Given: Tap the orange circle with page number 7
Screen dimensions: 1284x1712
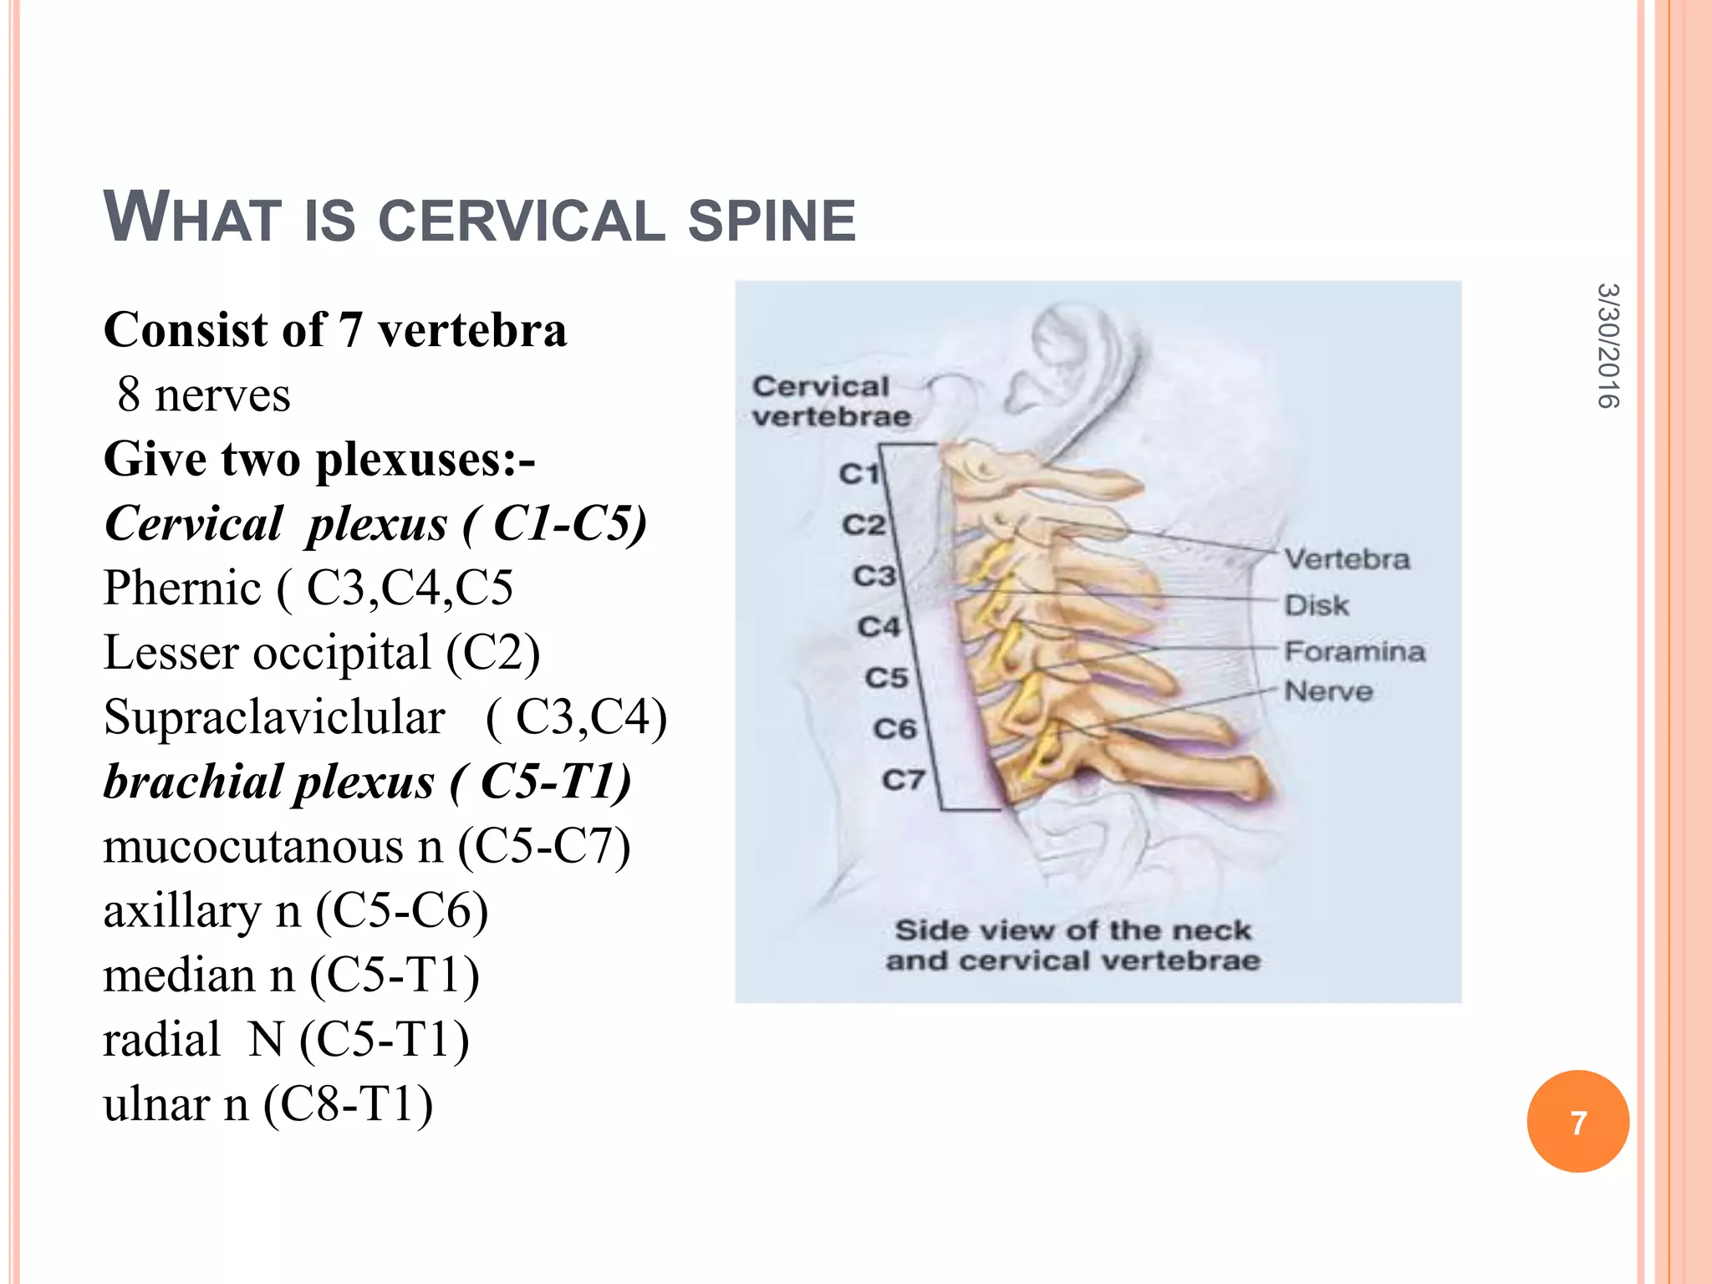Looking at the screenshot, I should pyautogui.click(x=1577, y=1122).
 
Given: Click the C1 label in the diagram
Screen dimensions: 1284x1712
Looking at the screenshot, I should pyautogui.click(x=859, y=474).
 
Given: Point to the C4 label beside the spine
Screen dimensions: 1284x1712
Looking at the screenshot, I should pyautogui.click(x=879, y=627).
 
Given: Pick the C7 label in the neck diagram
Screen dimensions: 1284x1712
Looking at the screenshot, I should pyautogui.click(x=903, y=780).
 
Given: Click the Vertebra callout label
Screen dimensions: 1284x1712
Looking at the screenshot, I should pyautogui.click(x=1347, y=558).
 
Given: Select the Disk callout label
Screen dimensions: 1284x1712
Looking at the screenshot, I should pyautogui.click(x=1317, y=604).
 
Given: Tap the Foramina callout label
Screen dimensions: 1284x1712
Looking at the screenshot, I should pyautogui.click(x=1354, y=650).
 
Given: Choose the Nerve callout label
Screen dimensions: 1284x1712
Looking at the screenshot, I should pyautogui.click(x=1328, y=690).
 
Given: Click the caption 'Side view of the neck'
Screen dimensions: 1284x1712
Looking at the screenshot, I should pyautogui.click(x=1073, y=930).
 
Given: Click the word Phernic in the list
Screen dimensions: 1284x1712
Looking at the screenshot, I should pyautogui.click(x=182, y=588).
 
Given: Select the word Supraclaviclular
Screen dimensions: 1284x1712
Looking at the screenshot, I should pyautogui.click(x=274, y=717).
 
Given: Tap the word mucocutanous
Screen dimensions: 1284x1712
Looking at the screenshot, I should pyautogui.click(x=273, y=846).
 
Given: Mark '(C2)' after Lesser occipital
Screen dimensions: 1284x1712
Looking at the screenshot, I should pyautogui.click(x=492, y=653).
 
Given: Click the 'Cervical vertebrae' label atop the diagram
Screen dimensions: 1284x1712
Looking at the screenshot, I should pyautogui.click(x=830, y=401).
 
